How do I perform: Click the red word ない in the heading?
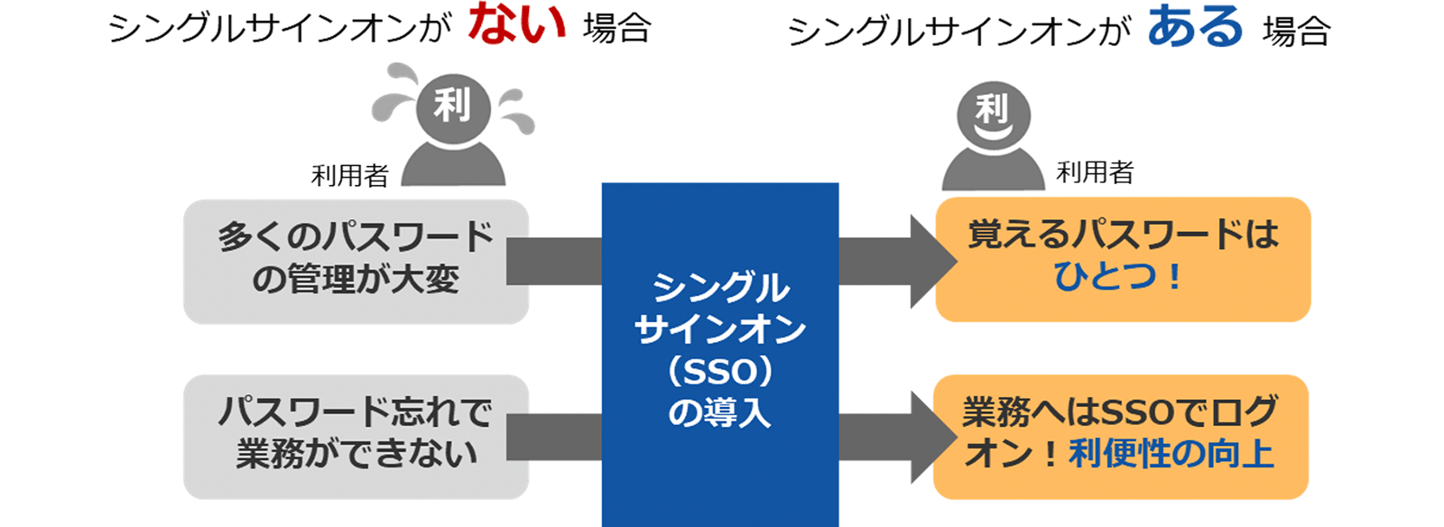point(516,24)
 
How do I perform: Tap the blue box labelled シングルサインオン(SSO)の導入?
point(719,352)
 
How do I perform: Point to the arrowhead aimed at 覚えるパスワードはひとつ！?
point(931,262)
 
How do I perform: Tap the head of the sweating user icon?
point(452,106)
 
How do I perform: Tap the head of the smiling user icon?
point(992,114)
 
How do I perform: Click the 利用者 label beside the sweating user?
point(349,175)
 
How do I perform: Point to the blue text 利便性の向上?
point(1171,454)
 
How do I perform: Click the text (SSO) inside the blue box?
point(719,371)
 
